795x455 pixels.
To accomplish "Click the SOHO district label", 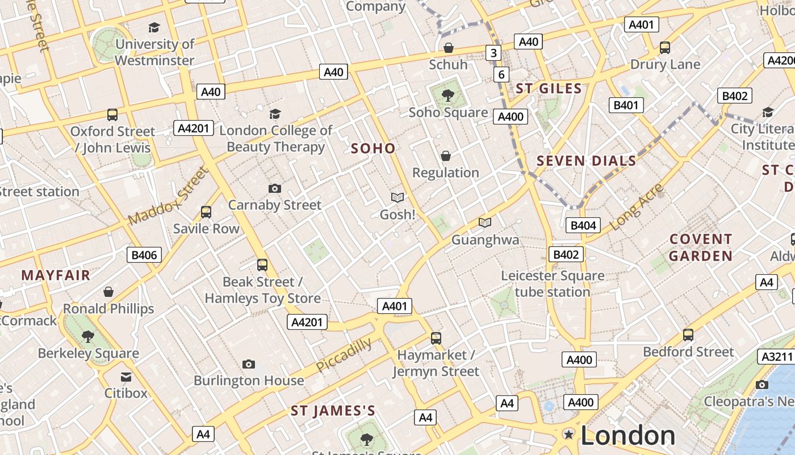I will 373,148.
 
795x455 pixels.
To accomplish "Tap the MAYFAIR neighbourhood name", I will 56,276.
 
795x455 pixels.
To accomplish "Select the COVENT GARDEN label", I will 701,247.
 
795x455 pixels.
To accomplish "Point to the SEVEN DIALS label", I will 587,161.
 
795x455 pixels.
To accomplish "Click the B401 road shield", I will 626,105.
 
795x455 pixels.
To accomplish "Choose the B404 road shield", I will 583,225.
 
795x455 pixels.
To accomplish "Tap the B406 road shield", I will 144,255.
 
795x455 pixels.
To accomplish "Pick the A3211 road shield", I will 775,357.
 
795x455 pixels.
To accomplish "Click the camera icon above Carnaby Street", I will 275,188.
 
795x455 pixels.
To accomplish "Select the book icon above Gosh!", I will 397,197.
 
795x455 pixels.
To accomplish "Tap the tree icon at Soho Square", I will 448,95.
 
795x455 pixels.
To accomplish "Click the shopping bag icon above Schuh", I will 448,47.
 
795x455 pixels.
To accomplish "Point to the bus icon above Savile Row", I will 206,212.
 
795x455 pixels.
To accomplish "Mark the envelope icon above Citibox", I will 125,377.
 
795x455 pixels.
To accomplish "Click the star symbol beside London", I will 568,435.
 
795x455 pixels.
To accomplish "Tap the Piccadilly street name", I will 344,355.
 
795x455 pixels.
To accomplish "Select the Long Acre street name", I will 636,207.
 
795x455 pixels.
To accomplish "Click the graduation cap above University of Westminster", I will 154,27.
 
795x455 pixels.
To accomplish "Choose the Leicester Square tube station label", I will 553,284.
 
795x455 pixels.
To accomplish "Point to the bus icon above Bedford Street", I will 688,335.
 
